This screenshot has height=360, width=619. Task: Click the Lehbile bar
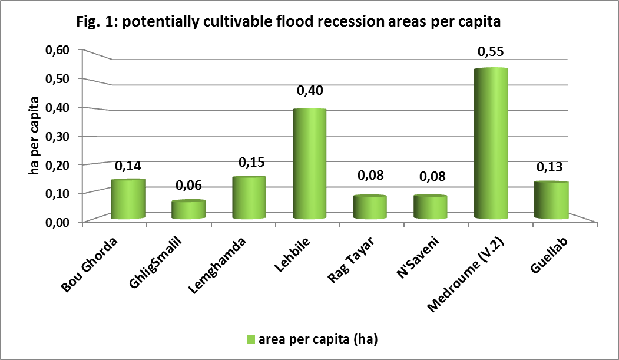point(309,165)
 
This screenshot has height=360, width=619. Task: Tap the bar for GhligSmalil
point(188,210)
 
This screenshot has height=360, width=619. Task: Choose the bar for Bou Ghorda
point(128,199)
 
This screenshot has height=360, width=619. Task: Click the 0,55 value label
point(491,52)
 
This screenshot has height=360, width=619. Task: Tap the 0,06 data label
point(188,186)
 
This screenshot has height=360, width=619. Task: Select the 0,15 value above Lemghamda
point(249,161)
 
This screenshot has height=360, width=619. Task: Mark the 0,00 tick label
point(57,222)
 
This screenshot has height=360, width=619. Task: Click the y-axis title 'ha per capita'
point(35,136)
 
